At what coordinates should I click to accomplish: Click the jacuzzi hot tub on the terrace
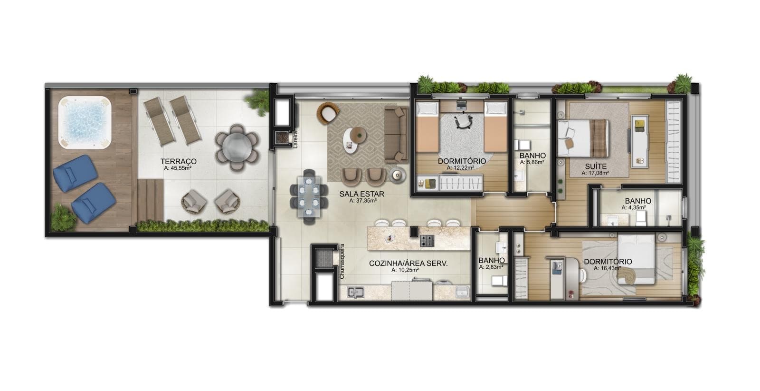click(85, 123)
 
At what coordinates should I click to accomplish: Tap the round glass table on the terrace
click(237, 148)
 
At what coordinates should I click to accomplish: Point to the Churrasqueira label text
click(342, 262)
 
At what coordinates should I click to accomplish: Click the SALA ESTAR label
click(361, 194)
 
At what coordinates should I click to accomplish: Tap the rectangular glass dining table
click(309, 197)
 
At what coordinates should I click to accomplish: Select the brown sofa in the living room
click(396, 134)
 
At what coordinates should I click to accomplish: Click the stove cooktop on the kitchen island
click(427, 241)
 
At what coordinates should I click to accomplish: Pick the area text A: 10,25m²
click(405, 270)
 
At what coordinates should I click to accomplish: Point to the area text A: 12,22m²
click(460, 167)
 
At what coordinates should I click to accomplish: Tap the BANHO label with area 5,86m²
click(532, 156)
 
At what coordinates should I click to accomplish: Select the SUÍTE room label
click(596, 166)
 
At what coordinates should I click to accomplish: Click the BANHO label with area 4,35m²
click(638, 201)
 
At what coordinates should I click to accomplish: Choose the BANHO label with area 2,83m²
click(492, 260)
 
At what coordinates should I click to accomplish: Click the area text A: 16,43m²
click(608, 268)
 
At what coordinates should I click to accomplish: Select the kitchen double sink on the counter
click(355, 292)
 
